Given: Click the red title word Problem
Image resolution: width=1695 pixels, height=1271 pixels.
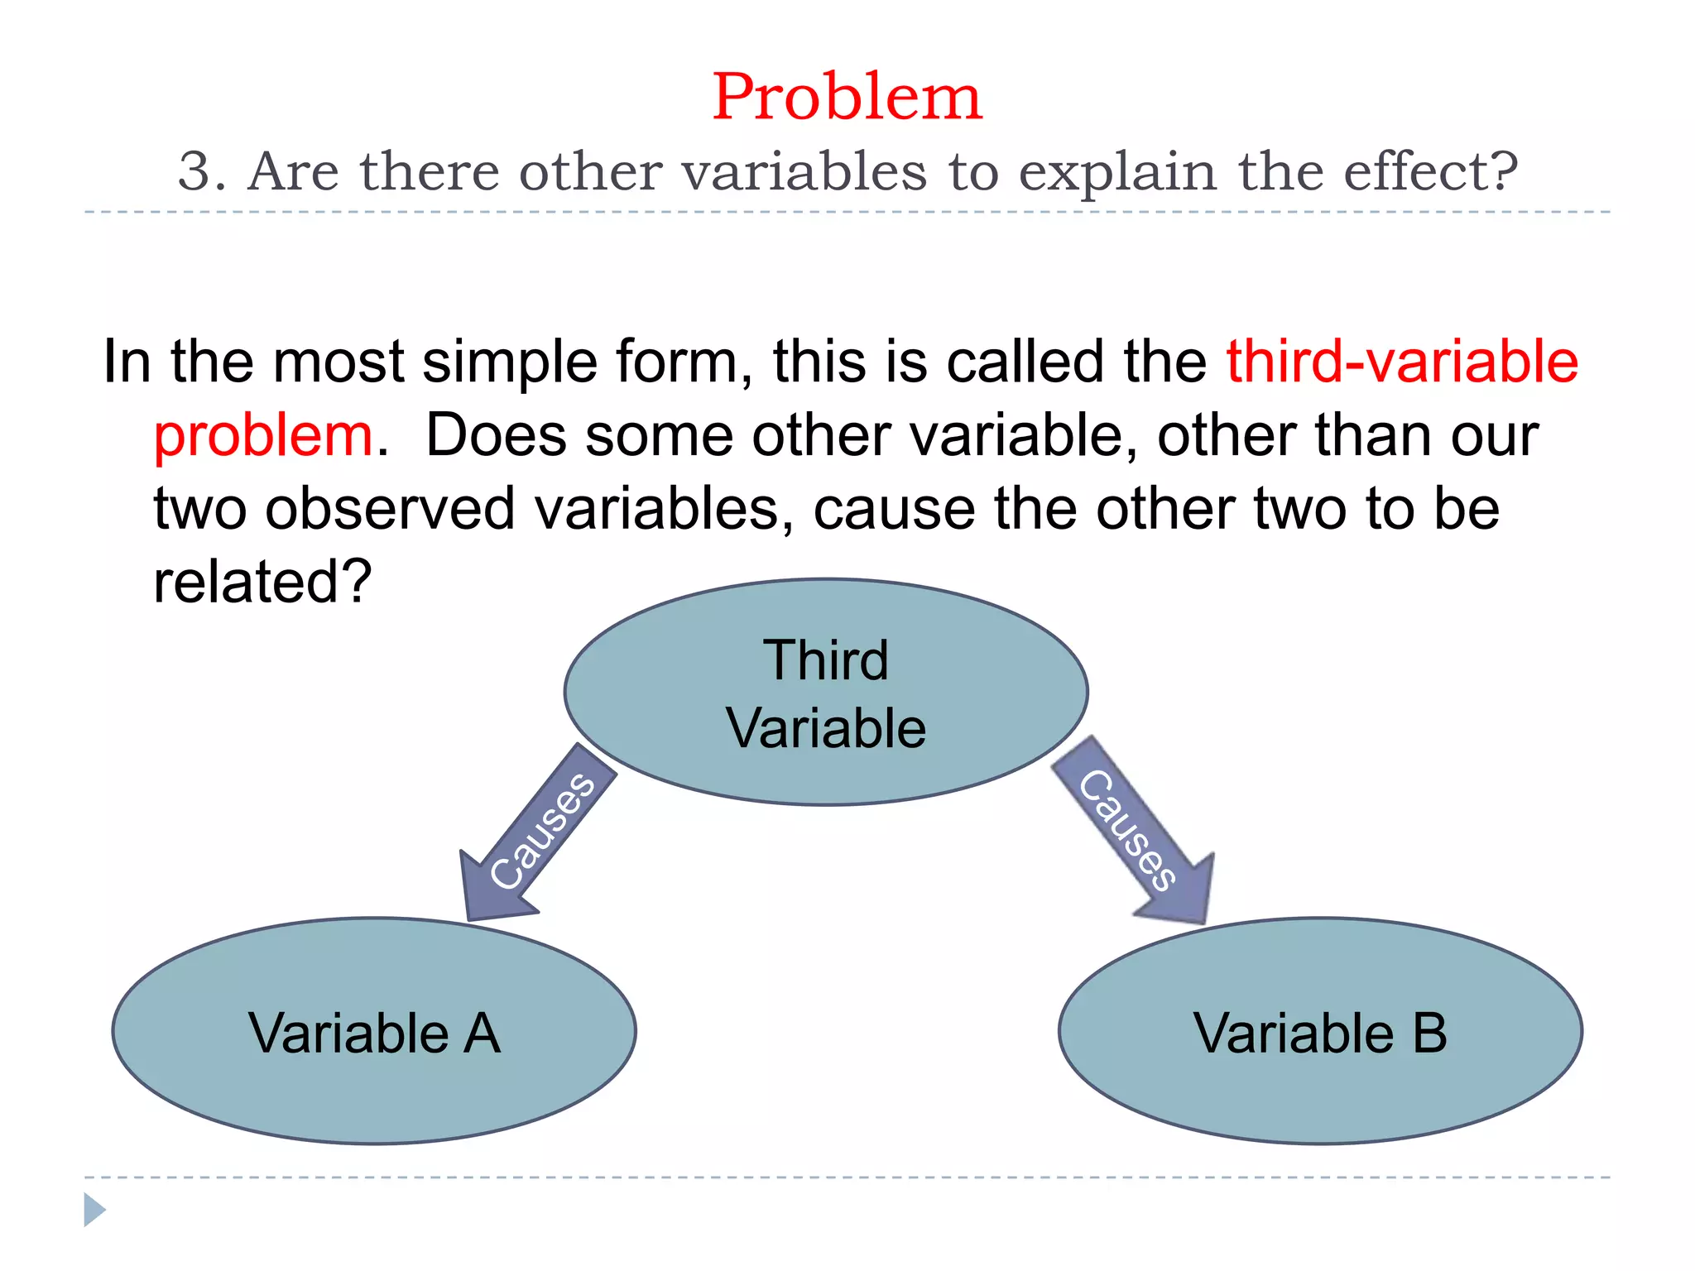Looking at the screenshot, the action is point(847,98).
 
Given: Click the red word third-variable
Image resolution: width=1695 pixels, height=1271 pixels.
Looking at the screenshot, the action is point(1402,362).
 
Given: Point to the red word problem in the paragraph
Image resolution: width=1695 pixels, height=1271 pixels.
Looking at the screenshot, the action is point(263,436).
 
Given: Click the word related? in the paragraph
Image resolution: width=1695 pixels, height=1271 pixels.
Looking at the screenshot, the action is point(262,582).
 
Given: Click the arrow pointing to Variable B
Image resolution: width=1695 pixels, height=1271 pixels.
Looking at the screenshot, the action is point(1134,832).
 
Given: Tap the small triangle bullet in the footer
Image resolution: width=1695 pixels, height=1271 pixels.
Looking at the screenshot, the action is point(94,1210).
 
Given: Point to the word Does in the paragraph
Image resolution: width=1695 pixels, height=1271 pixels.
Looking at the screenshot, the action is point(496,436).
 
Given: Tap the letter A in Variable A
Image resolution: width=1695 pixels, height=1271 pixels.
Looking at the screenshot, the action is point(482,1034).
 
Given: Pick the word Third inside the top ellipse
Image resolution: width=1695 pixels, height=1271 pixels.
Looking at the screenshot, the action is point(825,660).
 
